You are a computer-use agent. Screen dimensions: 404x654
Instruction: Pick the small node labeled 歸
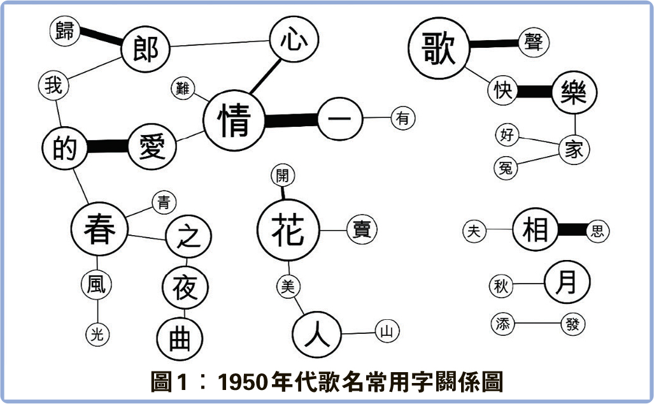click(x=65, y=32)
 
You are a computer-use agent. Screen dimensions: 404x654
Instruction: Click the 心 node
click(x=294, y=40)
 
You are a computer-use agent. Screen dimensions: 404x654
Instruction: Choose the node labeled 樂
click(x=574, y=92)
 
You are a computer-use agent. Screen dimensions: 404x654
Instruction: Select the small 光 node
click(x=97, y=335)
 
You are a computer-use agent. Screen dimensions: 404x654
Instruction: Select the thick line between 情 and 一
click(x=291, y=120)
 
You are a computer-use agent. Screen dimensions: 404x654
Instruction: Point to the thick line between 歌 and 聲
click(x=494, y=44)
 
